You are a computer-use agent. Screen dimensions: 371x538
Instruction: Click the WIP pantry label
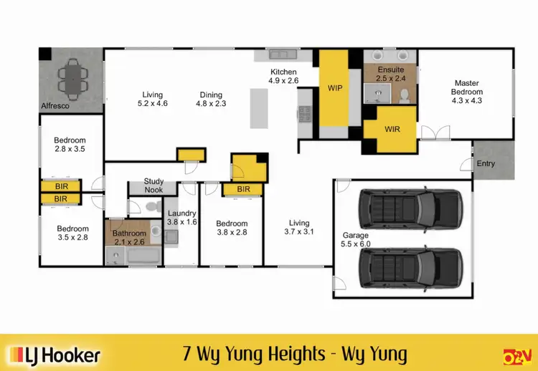(335, 88)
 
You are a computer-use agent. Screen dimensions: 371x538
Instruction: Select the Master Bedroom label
(466, 92)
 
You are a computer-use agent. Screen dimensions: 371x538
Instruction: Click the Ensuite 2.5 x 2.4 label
(390, 74)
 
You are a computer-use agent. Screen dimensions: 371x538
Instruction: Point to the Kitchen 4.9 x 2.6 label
(283, 77)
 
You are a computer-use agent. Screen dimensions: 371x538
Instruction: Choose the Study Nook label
(154, 185)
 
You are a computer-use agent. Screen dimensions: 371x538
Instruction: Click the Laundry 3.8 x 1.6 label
(181, 218)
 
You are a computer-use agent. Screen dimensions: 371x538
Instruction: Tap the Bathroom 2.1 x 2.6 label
(130, 237)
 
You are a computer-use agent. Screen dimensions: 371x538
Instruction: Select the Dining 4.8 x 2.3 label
(211, 100)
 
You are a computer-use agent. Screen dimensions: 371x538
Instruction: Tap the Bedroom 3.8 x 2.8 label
(232, 228)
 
